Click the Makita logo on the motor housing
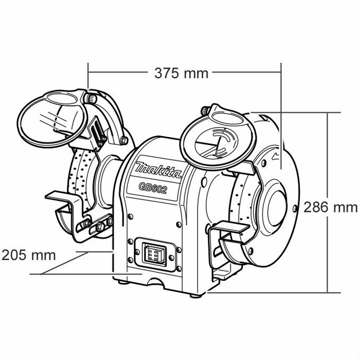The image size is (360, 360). pyautogui.click(x=159, y=169)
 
